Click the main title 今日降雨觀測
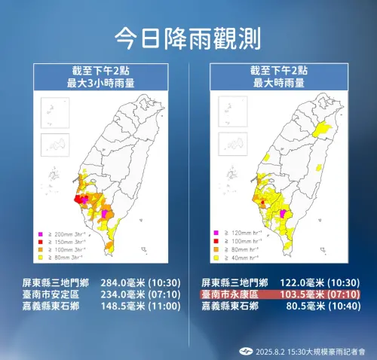(x=188, y=36)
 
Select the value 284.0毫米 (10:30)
(x=137, y=284)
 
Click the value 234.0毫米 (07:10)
(x=137, y=295)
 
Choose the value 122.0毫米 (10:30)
(x=317, y=284)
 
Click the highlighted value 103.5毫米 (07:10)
(x=317, y=295)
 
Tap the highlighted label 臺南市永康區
(x=232, y=295)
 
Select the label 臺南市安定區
(x=54, y=295)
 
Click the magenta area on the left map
(x=105, y=214)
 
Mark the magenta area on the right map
(x=284, y=214)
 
